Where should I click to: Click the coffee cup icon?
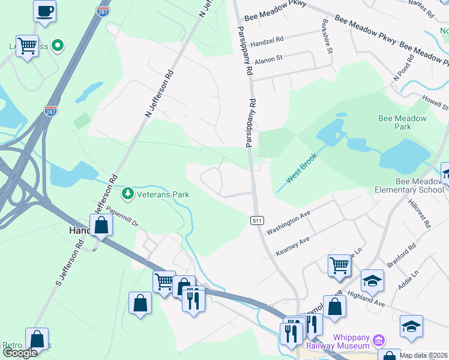[x=45, y=10]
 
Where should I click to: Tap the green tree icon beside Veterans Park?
[x=127, y=194]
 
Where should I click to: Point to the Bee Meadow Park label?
[x=403, y=122]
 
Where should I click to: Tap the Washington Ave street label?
[x=288, y=223]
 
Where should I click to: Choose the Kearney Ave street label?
[x=292, y=247]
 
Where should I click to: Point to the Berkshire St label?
[x=328, y=39]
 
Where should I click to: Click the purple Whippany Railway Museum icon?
[x=379, y=341]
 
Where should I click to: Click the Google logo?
[x=20, y=353]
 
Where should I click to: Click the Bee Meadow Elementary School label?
[x=411, y=185]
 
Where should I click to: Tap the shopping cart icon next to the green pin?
[x=27, y=45]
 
